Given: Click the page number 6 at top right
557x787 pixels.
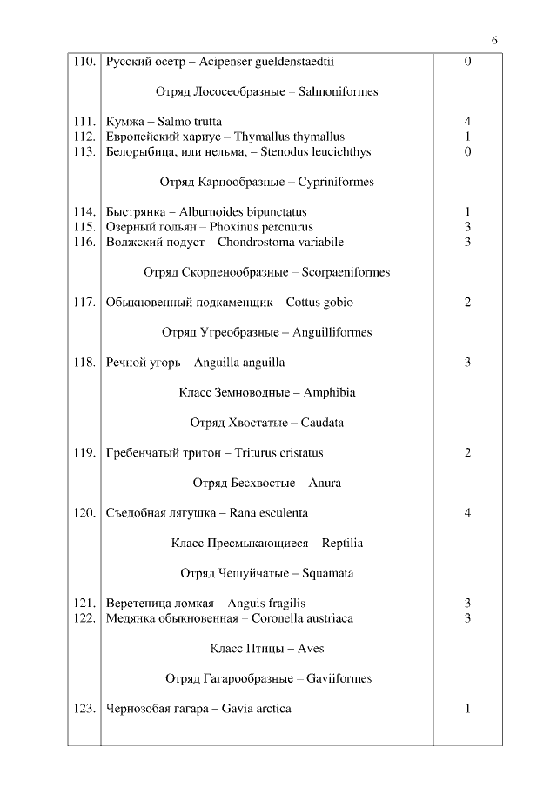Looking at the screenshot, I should pyautogui.click(x=494, y=41).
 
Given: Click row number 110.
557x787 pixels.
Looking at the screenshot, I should pyautogui.click(x=84, y=62).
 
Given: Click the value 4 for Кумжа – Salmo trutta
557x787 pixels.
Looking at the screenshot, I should pyautogui.click(x=467, y=122).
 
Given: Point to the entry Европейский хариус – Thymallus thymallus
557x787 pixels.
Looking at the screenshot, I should pyautogui.click(x=225, y=137).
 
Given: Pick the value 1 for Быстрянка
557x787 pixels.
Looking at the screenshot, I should pyautogui.click(x=467, y=212).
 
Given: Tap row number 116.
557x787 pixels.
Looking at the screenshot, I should pyautogui.click(x=84, y=242).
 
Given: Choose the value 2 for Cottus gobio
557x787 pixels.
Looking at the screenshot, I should pyautogui.click(x=467, y=303).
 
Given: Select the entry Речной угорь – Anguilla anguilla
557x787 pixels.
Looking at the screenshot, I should pyautogui.click(x=195, y=363).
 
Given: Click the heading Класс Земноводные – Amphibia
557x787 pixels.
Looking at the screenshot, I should pyautogui.click(x=266, y=393).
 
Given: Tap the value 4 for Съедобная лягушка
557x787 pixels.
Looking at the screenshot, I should pyautogui.click(x=467, y=513).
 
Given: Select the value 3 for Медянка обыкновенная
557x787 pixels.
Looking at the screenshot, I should pyautogui.click(x=467, y=618).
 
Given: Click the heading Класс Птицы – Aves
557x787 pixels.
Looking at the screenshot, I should pyautogui.click(x=266, y=649).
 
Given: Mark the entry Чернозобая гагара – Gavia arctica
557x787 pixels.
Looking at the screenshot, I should pyautogui.click(x=198, y=709).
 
